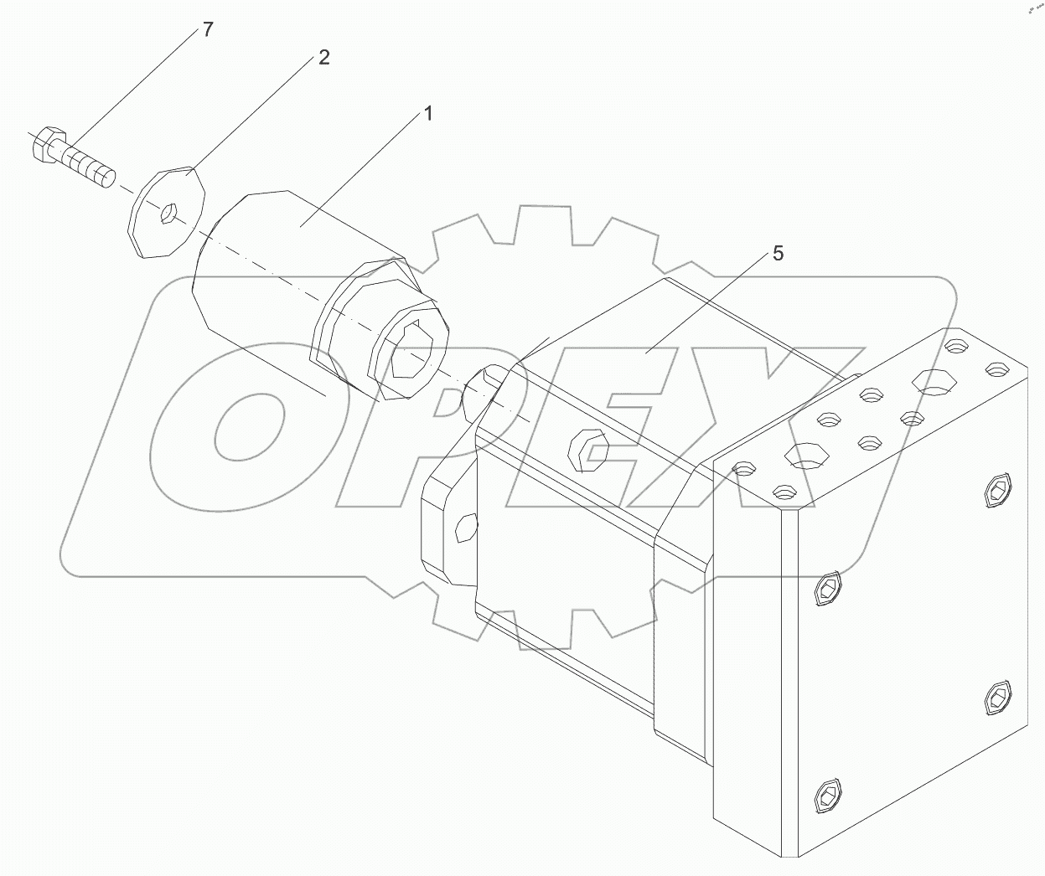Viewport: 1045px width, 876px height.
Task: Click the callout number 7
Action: pyautogui.click(x=207, y=30)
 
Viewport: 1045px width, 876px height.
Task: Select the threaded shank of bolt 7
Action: pyautogui.click(x=87, y=164)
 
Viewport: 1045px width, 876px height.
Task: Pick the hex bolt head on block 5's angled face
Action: pyautogui.click(x=587, y=452)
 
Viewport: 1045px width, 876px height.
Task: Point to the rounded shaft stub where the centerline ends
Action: pyautogui.click(x=484, y=384)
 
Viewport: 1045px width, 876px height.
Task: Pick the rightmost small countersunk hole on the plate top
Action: pyautogui.click(x=996, y=368)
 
